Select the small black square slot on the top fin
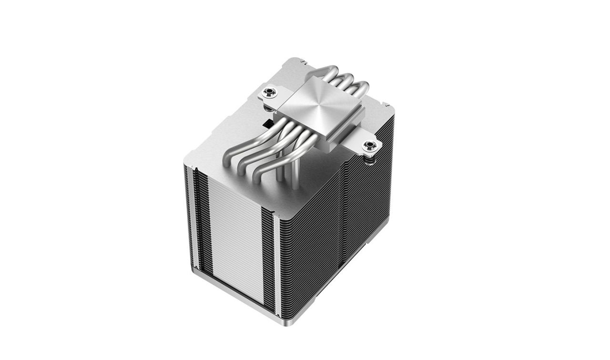(267, 123)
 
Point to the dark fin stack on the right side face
(334, 229)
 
